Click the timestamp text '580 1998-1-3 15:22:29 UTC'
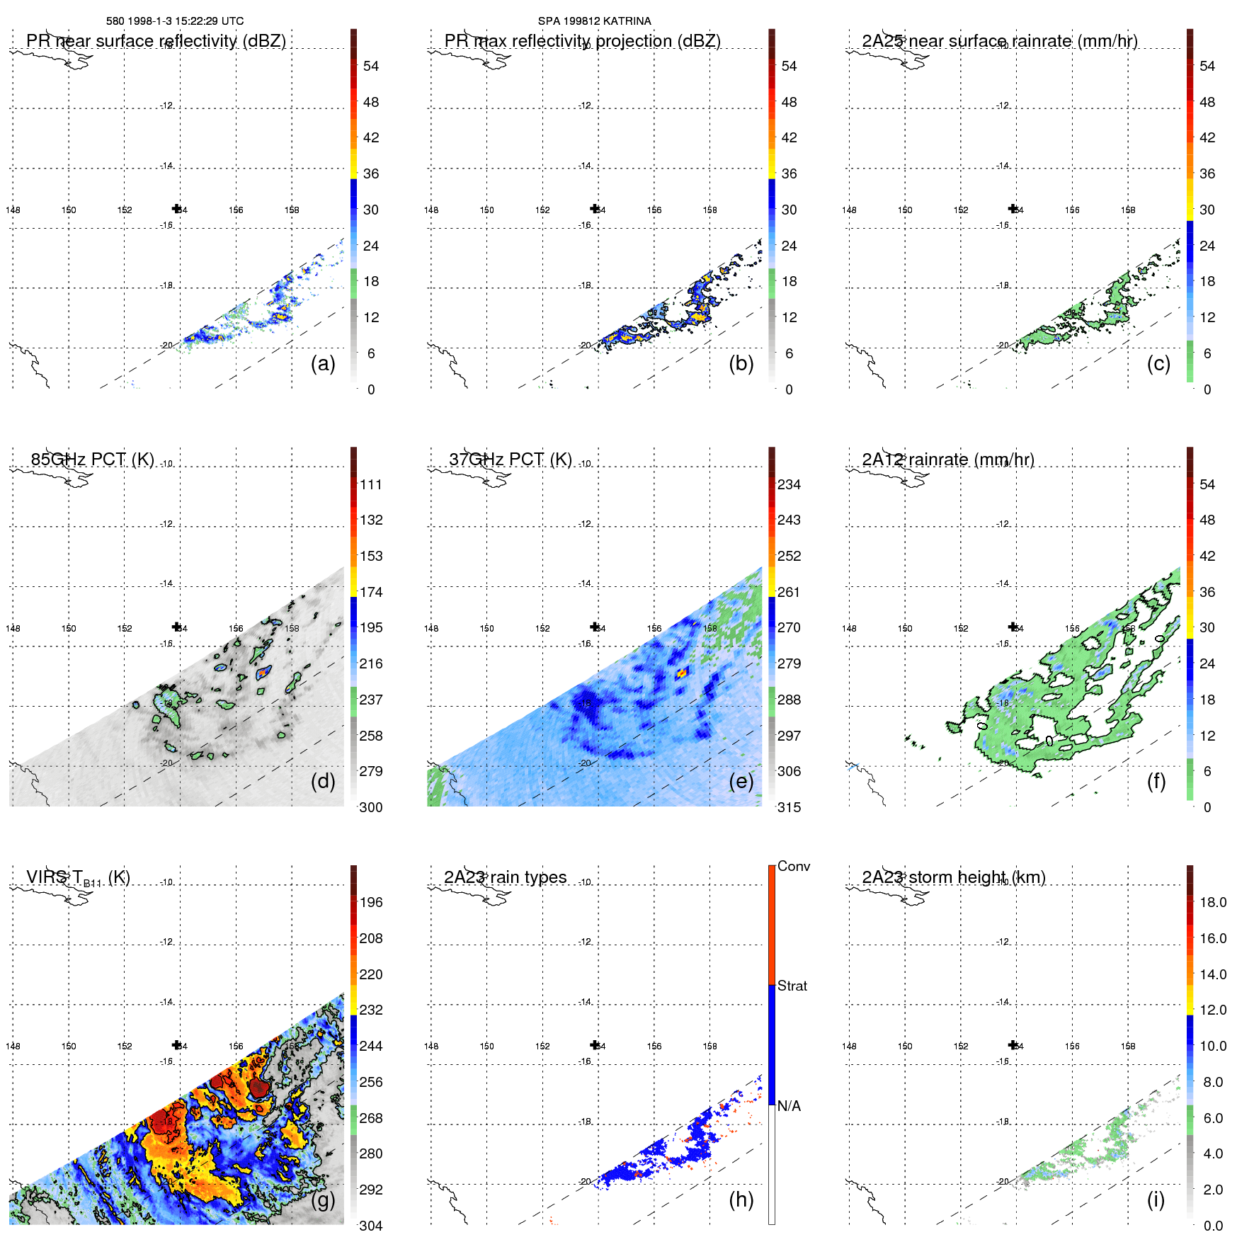[x=175, y=21]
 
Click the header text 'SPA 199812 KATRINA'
[x=594, y=21]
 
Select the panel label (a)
[x=323, y=363]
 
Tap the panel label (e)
[x=741, y=781]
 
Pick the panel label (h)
[x=741, y=1199]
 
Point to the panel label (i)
[x=1156, y=1199]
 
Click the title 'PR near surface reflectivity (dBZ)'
[x=156, y=41]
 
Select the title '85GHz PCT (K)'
[x=92, y=459]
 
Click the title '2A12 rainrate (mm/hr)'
[x=948, y=460]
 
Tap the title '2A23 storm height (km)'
[x=954, y=877]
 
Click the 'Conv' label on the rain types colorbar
[x=794, y=866]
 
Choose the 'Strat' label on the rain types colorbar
[x=792, y=986]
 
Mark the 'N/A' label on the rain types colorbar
[x=789, y=1106]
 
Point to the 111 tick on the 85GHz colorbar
[x=371, y=484]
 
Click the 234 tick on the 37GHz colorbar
[x=789, y=484]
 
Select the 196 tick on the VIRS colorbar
[x=371, y=902]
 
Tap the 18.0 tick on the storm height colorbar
[x=1213, y=902]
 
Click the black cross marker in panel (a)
[x=176, y=208]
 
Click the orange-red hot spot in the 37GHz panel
[x=682, y=673]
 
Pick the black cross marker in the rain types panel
[x=595, y=1044]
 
